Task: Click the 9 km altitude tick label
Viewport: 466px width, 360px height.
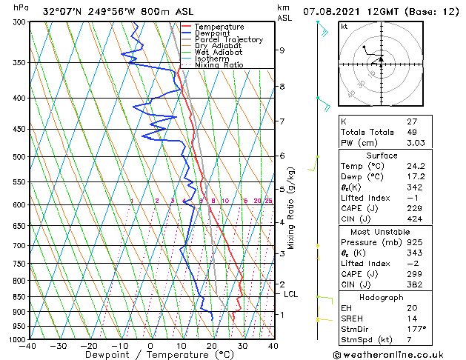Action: pos(282,50)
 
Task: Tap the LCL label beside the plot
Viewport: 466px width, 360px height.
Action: pos(291,294)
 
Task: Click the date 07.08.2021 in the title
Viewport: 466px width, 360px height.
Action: pos(334,11)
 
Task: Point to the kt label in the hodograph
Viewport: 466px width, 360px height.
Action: pos(344,27)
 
